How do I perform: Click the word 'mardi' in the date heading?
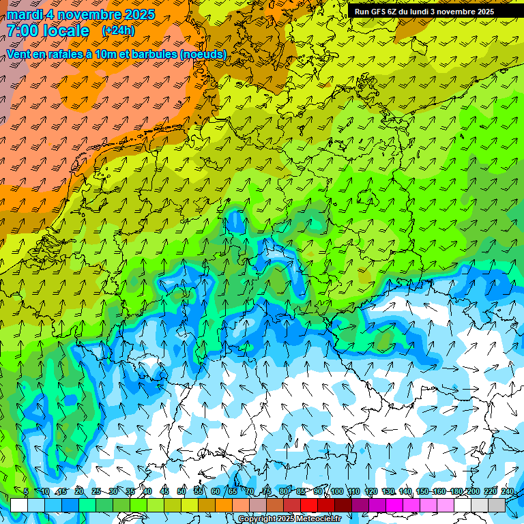coord(24,14)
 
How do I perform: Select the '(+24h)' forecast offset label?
coord(118,31)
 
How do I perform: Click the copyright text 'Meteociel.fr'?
coord(318,519)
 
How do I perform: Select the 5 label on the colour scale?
coord(26,492)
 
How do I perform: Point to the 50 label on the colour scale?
coord(181,492)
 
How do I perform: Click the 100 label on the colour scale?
coord(336,492)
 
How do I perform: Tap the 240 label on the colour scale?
coord(508,492)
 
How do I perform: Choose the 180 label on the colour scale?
coord(456,492)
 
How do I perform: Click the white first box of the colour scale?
coord(19,505)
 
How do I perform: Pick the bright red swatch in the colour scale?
coord(309,505)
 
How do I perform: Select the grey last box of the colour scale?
coord(497,505)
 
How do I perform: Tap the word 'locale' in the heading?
coord(66,31)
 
